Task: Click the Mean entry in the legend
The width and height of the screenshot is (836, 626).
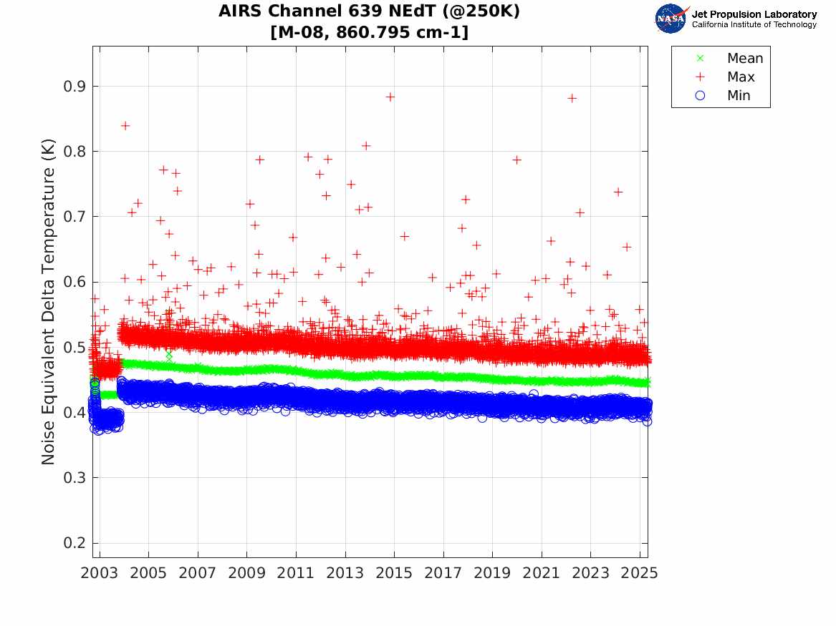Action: [x=731, y=58]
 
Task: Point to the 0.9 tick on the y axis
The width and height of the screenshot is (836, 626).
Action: [x=74, y=87]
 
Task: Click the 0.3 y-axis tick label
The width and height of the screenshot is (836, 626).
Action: [x=74, y=477]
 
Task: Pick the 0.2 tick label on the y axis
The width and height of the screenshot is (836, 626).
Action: [x=74, y=543]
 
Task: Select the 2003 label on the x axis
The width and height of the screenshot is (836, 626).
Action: [x=99, y=573]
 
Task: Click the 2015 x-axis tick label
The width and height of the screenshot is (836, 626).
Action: [x=394, y=573]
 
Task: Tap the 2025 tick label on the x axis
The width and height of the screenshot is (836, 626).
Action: [x=639, y=573]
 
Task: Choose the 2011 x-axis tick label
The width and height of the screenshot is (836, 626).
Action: [x=296, y=573]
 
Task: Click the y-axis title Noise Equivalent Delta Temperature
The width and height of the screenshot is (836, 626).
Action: [x=48, y=302]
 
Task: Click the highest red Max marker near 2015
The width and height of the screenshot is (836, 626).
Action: [x=390, y=97]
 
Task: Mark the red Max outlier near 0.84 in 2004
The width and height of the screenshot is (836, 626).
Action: [x=125, y=126]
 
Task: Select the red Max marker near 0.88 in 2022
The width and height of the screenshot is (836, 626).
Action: [x=572, y=99]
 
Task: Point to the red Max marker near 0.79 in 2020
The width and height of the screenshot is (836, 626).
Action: [x=517, y=160]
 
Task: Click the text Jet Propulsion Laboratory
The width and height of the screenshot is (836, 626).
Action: [x=754, y=14]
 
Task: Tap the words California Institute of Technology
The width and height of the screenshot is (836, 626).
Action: [x=754, y=24]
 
